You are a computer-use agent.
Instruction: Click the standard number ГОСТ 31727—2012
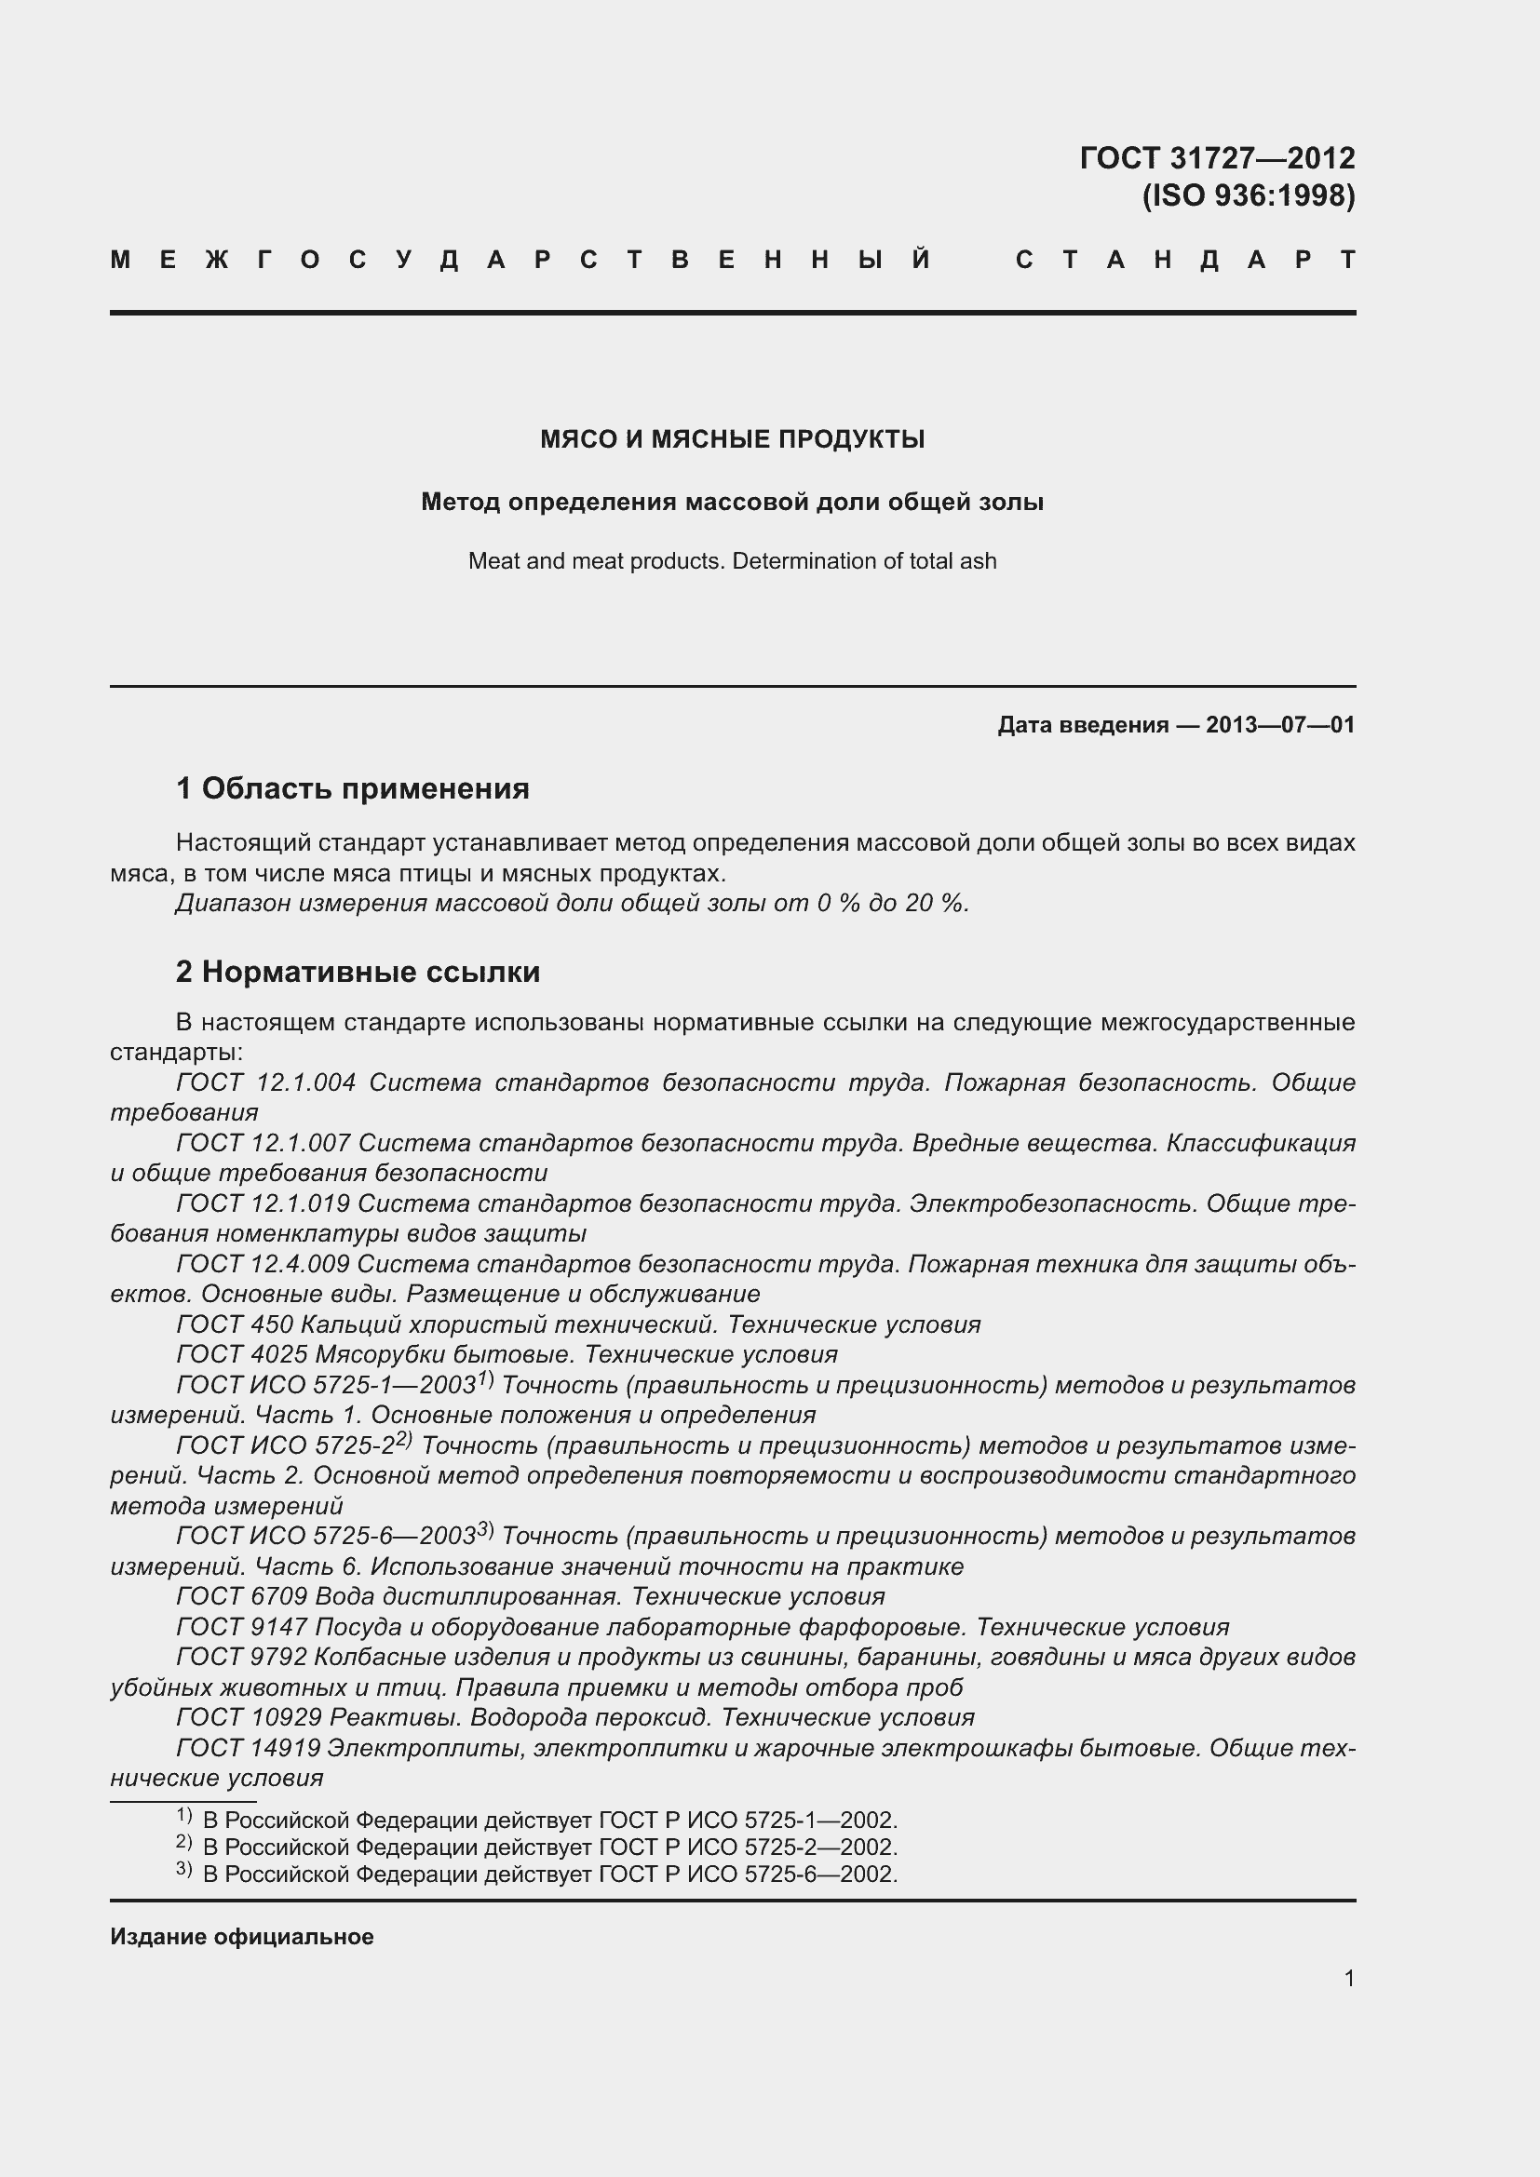pos(1217,157)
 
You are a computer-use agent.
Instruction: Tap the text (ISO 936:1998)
pos(1248,195)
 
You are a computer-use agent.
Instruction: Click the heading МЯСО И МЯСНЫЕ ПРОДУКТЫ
pos(732,439)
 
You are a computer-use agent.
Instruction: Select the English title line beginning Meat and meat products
pos(732,561)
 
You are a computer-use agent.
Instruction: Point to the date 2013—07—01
pos(1279,725)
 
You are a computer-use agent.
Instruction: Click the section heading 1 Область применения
pos(353,788)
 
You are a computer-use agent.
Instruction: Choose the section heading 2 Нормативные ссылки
pos(358,972)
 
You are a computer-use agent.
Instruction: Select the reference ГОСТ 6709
pos(241,1597)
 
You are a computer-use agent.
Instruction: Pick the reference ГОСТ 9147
pos(241,1627)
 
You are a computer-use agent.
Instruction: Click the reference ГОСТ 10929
pos(249,1717)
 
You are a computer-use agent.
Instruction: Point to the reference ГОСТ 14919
pos(249,1748)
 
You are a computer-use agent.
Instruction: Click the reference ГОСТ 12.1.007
pos(263,1144)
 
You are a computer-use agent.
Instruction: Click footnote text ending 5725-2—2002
pos(550,1847)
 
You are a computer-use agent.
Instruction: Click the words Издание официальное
pos(242,1936)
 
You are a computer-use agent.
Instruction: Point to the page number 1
pos(1348,1978)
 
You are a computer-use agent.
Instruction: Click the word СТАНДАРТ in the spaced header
pos(1184,260)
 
